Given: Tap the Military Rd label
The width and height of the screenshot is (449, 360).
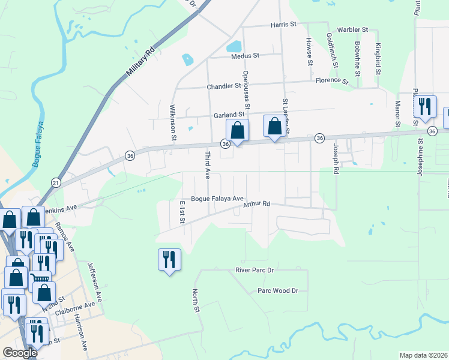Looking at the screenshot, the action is point(141,62).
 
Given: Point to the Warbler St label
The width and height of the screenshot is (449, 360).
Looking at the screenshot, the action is point(352,29).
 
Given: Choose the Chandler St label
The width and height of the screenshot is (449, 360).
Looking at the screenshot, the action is point(224,86).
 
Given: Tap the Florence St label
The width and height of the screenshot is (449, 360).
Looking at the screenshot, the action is point(332,80).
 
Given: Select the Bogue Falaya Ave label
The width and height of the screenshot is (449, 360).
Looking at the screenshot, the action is point(217,199).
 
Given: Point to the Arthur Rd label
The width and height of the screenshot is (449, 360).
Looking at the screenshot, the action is point(256,205).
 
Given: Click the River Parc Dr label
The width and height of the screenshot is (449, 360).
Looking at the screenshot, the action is point(262,271).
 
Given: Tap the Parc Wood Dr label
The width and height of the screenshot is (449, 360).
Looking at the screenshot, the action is point(278,290).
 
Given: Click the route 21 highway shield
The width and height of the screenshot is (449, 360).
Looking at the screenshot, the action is point(55,182).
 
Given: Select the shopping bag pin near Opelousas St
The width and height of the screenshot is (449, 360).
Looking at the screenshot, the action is point(238,130).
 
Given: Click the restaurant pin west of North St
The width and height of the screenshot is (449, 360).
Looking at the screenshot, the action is point(169,260).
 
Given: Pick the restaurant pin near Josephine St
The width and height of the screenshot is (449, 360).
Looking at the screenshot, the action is point(425,107).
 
